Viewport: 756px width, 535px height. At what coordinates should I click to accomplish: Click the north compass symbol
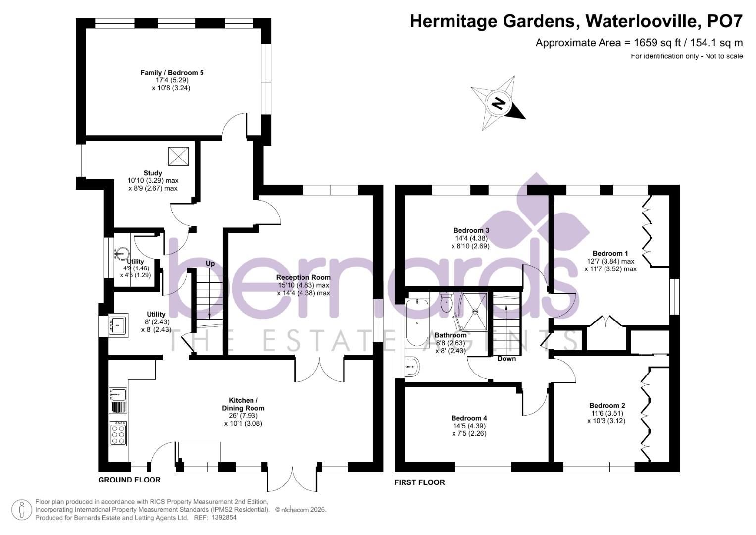point(498,104)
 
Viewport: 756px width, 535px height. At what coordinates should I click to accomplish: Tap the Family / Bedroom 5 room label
point(172,73)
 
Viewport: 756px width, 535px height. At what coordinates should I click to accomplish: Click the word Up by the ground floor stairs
point(210,264)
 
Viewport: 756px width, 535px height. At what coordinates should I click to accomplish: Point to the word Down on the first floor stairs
point(506,359)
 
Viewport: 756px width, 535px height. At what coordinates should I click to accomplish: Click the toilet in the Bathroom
point(446,303)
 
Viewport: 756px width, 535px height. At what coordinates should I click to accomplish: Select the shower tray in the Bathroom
point(474,312)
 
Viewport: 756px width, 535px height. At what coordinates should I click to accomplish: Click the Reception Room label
point(303,277)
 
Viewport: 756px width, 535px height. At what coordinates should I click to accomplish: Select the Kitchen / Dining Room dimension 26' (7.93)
point(243,416)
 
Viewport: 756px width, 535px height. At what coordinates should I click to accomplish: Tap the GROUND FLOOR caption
point(129,480)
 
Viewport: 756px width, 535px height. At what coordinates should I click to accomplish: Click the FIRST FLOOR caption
point(419,482)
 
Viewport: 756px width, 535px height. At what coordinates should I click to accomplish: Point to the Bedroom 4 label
point(469,418)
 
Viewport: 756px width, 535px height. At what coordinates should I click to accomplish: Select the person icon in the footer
point(22,510)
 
